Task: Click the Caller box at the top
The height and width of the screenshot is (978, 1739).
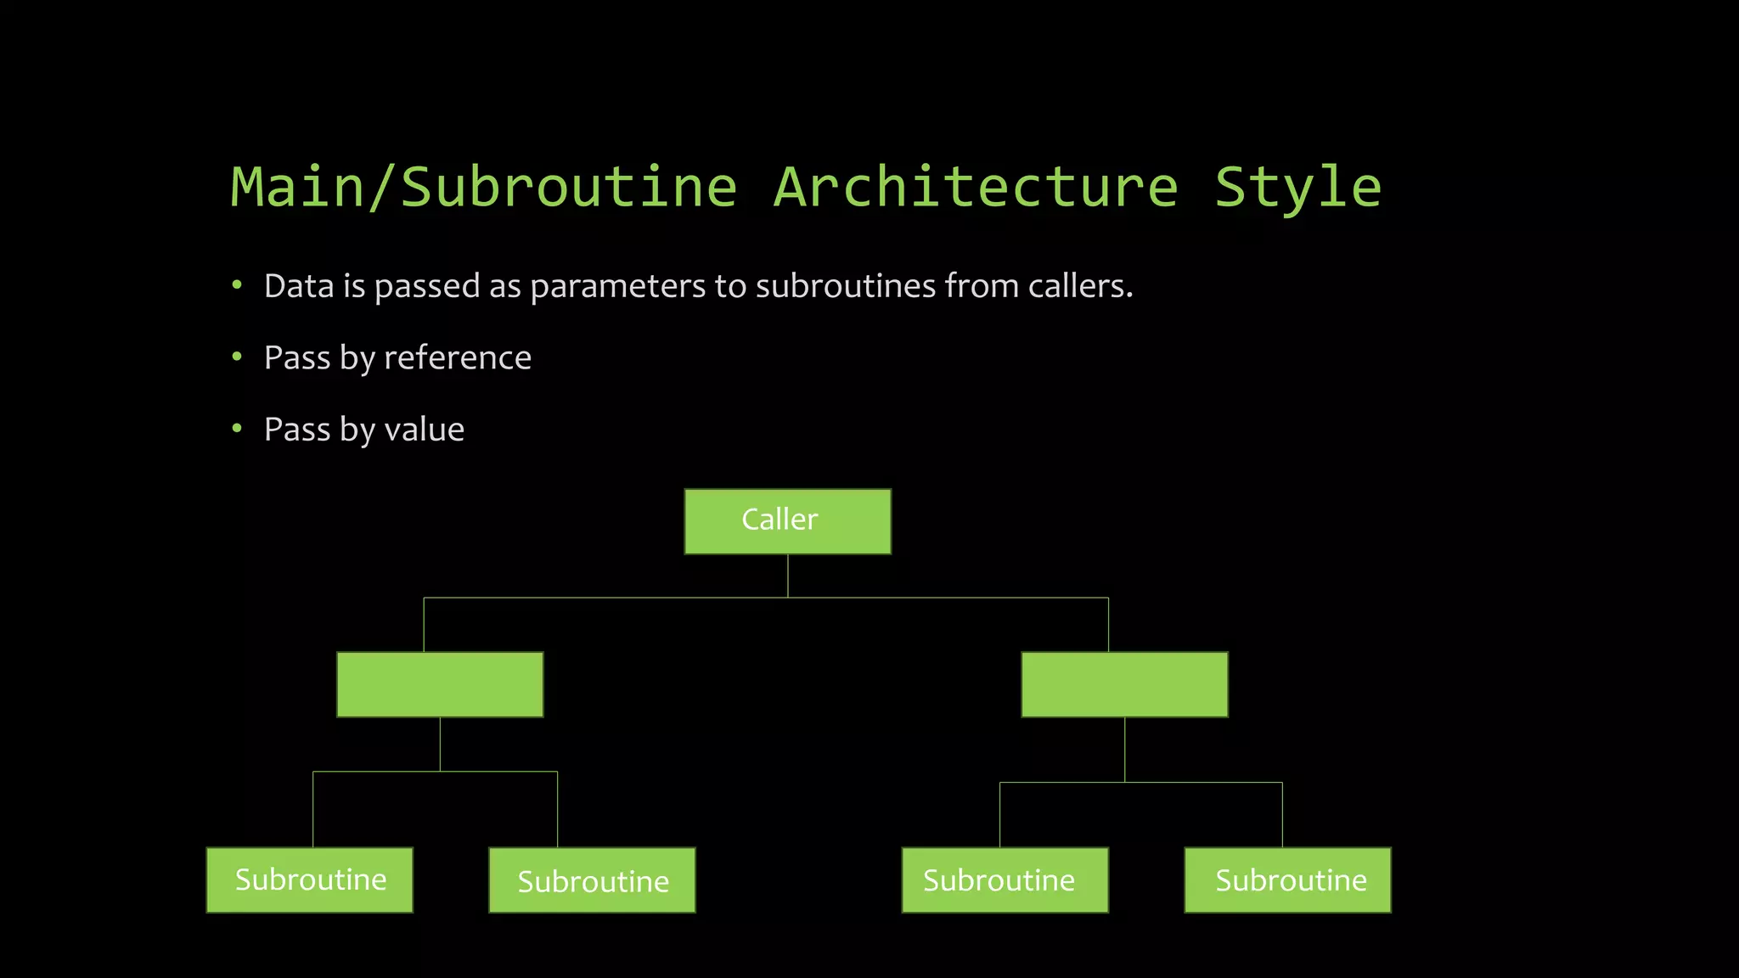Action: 787,521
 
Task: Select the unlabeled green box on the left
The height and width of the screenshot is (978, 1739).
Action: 440,684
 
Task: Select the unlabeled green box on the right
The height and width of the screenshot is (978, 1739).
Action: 1124,684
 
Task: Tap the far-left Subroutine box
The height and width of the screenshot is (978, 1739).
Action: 310,880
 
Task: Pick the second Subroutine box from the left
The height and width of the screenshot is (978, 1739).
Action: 592,880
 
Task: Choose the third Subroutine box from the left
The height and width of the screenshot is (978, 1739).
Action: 1005,880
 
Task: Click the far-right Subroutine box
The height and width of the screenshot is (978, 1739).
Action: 1287,880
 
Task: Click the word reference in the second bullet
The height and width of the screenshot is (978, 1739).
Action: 458,358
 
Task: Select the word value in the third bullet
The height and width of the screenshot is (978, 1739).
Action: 424,430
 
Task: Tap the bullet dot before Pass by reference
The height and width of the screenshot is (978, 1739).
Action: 237,357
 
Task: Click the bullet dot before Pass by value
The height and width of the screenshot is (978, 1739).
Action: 237,429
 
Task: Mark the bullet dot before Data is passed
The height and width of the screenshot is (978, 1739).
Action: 237,285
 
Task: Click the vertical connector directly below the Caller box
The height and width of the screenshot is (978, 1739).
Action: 788,576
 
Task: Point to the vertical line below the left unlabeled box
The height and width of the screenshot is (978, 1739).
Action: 440,744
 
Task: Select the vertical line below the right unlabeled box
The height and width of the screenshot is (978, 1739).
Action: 1124,749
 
